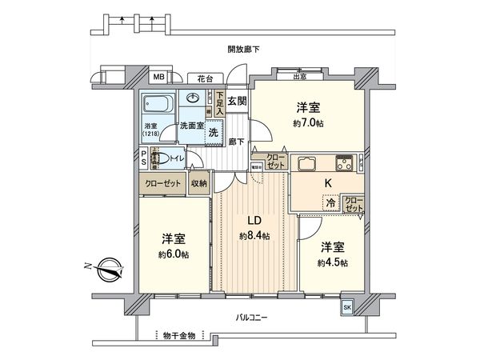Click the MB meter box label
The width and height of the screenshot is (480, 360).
158,78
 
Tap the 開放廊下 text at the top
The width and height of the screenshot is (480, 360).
243,50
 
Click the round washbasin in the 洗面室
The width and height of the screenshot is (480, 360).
192,98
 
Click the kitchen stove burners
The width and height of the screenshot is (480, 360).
344,163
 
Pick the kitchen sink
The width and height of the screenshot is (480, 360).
308,163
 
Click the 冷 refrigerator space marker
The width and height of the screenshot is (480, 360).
330,204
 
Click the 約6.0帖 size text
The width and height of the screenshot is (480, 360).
173,254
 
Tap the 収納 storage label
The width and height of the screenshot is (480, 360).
198,183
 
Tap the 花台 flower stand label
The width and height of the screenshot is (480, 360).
206,78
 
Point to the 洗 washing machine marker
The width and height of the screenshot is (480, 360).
213,133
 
